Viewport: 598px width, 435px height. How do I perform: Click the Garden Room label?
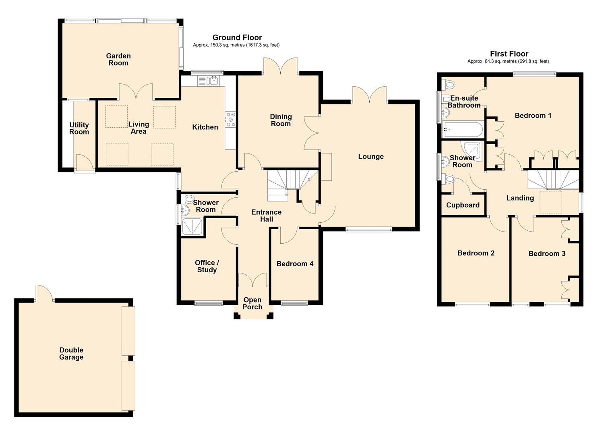(118, 60)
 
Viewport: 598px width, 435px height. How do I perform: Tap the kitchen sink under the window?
(208, 81)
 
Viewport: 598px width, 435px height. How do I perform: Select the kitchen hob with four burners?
(230, 119)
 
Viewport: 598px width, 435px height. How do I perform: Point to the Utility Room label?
(79, 128)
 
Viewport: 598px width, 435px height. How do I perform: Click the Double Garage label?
(71, 354)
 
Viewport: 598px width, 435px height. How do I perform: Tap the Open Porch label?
(252, 303)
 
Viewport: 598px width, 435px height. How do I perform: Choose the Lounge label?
(371, 157)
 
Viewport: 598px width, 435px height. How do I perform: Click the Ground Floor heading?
(237, 37)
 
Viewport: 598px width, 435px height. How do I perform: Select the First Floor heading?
(509, 54)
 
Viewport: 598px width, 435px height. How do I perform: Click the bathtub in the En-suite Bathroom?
(462, 130)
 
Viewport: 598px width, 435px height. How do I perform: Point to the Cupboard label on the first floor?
(463, 205)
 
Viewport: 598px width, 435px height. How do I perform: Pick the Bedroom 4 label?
(295, 264)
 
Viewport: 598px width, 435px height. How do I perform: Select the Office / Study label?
(207, 266)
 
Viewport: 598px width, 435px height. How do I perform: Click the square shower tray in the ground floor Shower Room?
(192, 226)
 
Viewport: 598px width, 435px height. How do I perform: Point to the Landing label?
(520, 198)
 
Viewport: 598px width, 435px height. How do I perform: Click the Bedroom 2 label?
(476, 253)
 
